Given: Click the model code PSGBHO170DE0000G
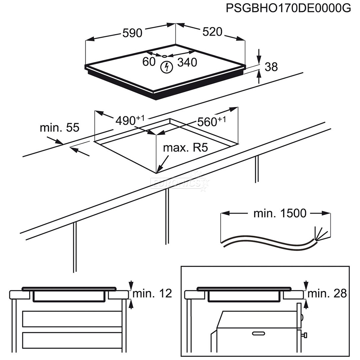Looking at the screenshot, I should click(288, 8).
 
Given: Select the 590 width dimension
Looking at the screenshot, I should click(132, 33).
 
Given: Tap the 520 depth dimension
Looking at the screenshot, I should click(212, 32).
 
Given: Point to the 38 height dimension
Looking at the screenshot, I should click(271, 67).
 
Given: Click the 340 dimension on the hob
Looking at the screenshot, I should click(187, 62).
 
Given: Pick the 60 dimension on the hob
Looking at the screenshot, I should click(149, 61).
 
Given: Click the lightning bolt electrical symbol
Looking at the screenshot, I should click(166, 67).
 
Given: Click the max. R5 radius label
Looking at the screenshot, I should click(185, 148).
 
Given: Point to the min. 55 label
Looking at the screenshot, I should click(60, 127).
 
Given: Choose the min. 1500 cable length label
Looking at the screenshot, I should click(280, 213).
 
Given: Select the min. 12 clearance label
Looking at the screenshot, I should click(152, 293).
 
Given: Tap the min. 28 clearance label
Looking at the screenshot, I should click(327, 293).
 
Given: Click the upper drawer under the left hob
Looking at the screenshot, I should click(72, 319).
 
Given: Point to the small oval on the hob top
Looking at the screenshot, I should click(164, 56).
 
